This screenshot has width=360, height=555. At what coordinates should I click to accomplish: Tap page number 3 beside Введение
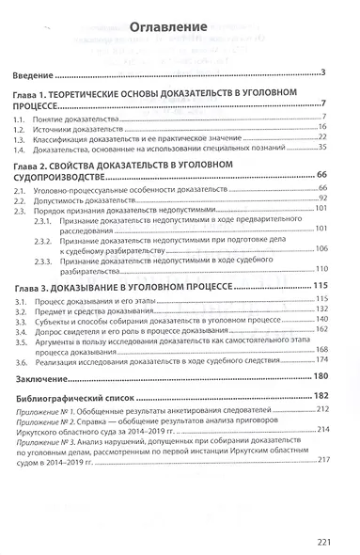click(321, 72)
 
